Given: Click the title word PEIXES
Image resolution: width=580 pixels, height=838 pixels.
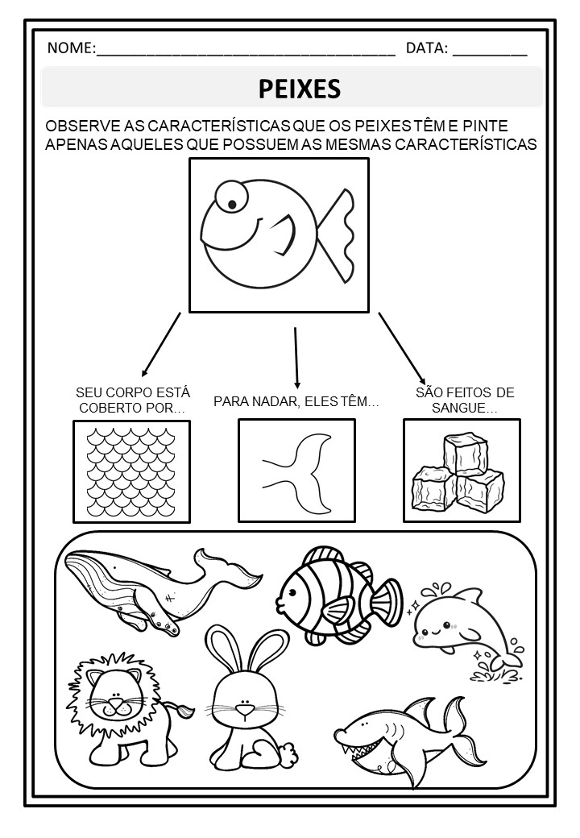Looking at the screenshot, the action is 299,89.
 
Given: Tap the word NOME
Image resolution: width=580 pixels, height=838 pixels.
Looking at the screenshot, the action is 70,48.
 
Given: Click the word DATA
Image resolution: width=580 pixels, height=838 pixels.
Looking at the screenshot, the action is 425,48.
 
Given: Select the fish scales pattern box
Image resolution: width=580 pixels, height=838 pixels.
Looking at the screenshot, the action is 131,471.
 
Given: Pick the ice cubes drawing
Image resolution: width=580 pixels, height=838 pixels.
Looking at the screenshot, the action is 458,471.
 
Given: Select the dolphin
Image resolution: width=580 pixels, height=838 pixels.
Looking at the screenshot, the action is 462,628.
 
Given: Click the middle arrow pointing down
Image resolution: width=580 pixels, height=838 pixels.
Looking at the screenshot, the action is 296,358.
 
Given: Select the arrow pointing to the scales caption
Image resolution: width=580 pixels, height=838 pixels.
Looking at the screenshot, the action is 161,345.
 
